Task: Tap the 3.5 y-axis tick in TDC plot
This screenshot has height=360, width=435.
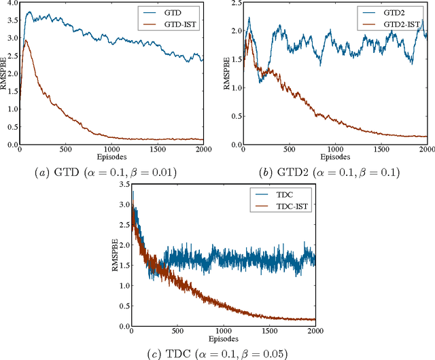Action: pos(122,186)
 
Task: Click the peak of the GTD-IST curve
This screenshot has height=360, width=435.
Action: pos(26,41)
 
